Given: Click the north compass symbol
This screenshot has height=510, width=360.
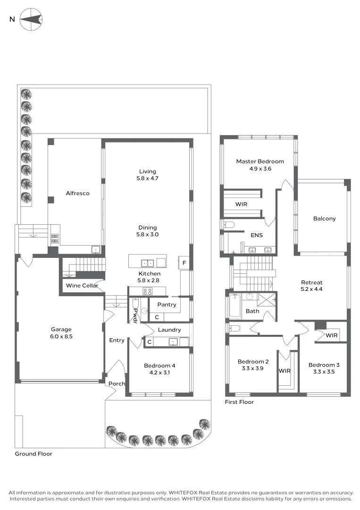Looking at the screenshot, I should (x=31, y=19).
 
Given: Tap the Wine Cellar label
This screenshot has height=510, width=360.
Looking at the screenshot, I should (x=82, y=286).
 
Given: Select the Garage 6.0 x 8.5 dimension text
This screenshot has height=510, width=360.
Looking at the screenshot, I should (x=62, y=337).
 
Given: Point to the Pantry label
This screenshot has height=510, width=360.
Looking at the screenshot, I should (x=167, y=305).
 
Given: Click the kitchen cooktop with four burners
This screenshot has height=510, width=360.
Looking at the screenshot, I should (x=148, y=291).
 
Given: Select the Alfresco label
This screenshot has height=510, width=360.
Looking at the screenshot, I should (x=77, y=193).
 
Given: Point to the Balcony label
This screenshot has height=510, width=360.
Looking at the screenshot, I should (x=324, y=219).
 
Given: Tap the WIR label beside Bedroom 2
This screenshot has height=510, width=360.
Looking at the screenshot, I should (x=285, y=371).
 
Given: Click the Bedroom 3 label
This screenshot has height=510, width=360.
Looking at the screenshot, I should (x=324, y=365).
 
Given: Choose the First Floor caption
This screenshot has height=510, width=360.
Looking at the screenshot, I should (x=239, y=402).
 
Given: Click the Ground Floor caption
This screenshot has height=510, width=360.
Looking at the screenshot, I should (x=33, y=454).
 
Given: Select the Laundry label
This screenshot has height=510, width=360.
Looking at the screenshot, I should (x=169, y=330).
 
